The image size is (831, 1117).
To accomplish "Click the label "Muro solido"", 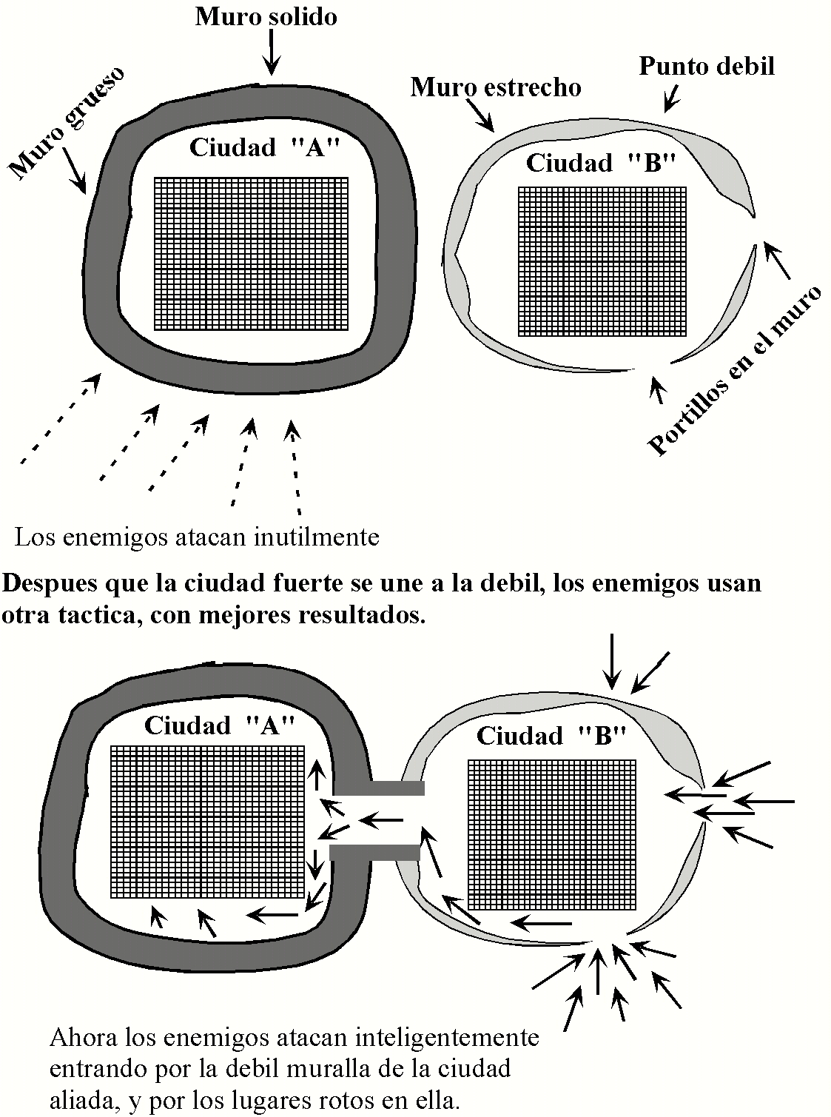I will click(x=266, y=17).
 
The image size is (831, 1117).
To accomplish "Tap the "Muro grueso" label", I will click(x=66, y=123).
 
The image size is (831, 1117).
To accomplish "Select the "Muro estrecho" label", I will click(x=495, y=88).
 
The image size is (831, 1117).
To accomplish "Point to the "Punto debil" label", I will click(x=706, y=67).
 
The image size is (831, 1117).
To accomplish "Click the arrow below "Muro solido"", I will click(x=272, y=53).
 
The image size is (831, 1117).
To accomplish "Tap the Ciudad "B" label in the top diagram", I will click(x=601, y=163).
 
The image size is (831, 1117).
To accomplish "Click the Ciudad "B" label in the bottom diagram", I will click(x=551, y=736).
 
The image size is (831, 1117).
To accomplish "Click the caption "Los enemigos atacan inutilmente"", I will click(x=197, y=536).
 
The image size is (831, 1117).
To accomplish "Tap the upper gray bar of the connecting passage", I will click(x=397, y=788).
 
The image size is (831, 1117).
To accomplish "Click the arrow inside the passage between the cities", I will click(x=380, y=819).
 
